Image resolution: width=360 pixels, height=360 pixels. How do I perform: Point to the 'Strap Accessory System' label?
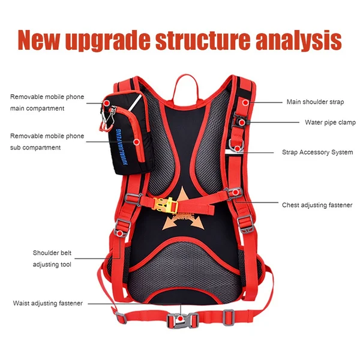317,152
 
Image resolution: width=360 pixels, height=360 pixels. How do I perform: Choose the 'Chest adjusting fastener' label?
317,205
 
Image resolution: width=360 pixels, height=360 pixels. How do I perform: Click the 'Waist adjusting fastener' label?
47,303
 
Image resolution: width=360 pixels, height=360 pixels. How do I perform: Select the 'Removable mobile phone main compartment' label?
47,103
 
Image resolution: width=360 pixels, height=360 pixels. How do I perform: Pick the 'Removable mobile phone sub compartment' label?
47,142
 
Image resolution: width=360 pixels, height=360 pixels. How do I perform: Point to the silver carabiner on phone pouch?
106,119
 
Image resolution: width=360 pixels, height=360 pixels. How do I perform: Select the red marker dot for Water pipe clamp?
242,122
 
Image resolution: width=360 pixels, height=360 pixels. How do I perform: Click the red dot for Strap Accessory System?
238,148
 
